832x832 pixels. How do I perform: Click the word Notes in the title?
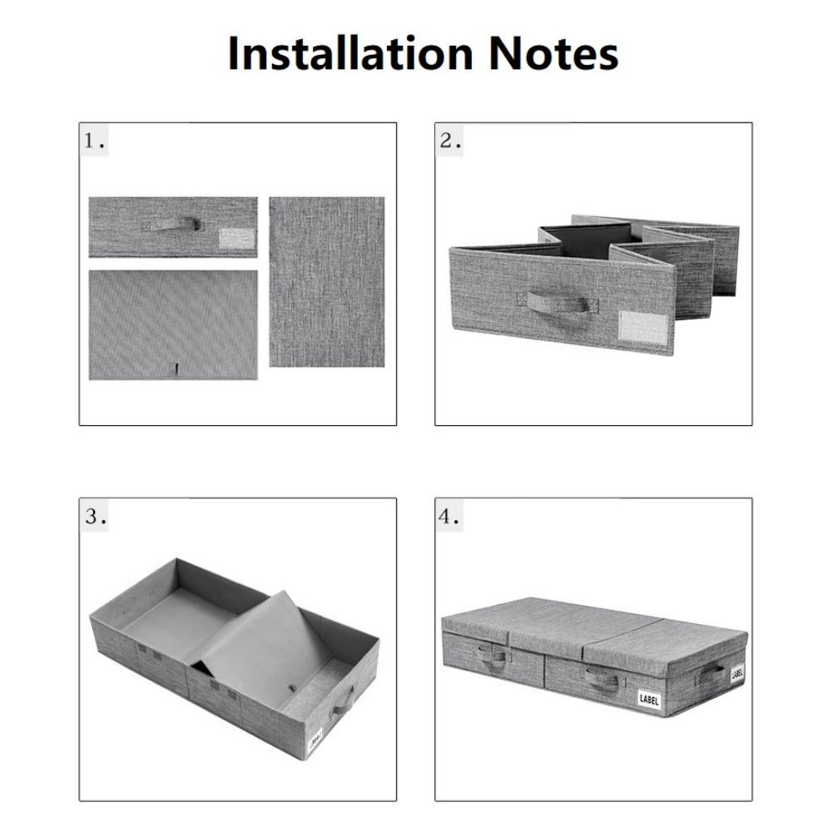click(553, 53)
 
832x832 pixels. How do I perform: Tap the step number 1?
click(95, 141)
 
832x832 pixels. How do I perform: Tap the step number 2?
click(450, 141)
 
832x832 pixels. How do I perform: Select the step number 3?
click(95, 517)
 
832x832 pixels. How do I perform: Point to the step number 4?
click(449, 517)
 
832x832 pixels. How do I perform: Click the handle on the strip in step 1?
click(172, 225)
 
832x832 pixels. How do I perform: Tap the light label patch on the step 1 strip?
click(237, 239)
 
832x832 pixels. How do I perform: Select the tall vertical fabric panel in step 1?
click(327, 282)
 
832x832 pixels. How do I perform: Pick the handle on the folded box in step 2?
click(557, 304)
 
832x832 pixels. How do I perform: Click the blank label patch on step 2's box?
click(644, 329)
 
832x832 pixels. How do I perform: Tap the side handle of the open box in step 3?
click(343, 701)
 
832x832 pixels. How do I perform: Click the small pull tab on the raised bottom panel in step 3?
click(292, 688)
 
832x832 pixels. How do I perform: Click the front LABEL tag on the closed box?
click(649, 699)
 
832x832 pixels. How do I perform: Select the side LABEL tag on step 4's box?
click(737, 674)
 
